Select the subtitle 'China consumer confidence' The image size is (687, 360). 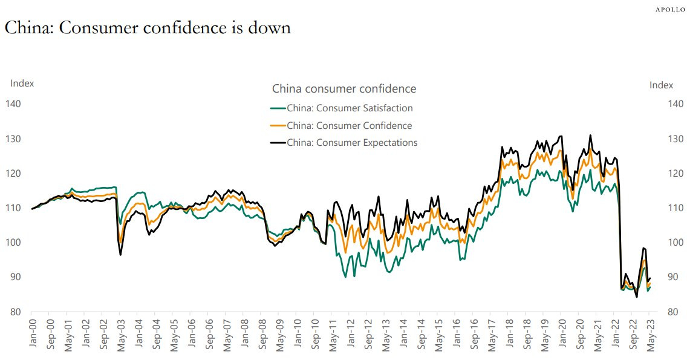point(344,89)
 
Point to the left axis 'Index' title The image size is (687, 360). point(22,83)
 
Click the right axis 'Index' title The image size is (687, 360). point(661,85)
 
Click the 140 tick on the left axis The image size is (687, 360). point(13,104)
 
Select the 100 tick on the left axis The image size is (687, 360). point(13,243)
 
